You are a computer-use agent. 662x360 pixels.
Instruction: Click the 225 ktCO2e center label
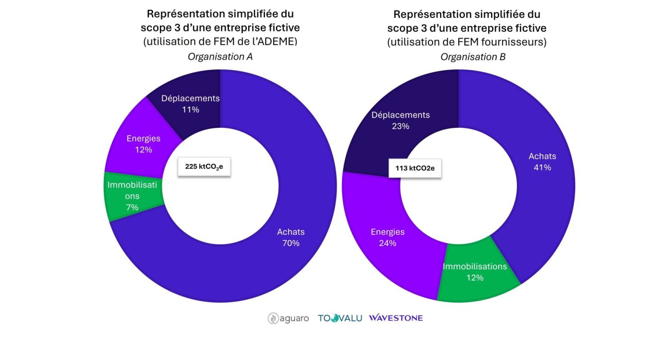(204, 166)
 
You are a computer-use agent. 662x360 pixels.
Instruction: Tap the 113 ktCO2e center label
(415, 168)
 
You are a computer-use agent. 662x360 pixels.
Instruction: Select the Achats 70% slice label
(291, 237)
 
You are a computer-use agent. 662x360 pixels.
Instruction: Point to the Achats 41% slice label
(542, 162)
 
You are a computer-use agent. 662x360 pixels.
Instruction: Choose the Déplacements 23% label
(400, 120)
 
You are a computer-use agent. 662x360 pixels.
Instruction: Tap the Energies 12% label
(143, 144)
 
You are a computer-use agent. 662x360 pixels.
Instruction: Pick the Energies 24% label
(388, 237)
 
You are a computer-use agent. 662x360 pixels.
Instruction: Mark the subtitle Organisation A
(220, 57)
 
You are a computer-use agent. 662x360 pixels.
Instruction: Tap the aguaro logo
(288, 318)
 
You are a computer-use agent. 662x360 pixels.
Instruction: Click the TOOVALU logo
(340, 318)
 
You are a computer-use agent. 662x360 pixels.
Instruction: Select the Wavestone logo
(396, 318)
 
